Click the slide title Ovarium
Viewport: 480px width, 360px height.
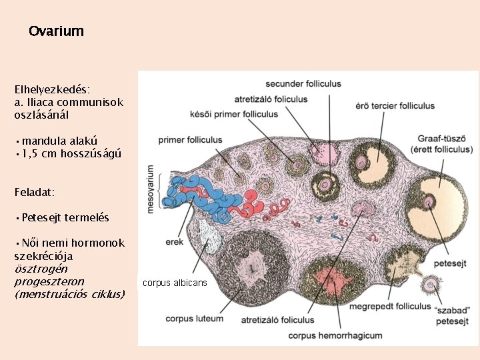57,31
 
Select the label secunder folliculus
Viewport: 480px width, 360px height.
303,84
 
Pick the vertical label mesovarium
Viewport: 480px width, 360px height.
151,188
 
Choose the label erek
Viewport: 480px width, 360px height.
175,242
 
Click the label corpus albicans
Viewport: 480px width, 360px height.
175,283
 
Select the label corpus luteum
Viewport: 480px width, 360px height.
195,319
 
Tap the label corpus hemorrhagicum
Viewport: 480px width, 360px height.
335,335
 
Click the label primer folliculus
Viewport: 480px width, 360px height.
190,140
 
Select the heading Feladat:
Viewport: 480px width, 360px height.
34,192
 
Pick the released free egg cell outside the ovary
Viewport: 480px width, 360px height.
430,285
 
